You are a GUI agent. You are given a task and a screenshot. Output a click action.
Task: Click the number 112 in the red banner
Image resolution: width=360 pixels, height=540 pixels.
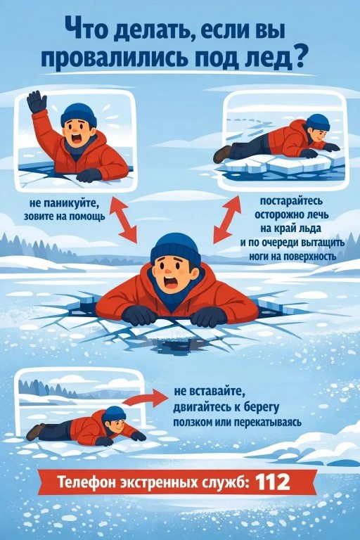(273, 482)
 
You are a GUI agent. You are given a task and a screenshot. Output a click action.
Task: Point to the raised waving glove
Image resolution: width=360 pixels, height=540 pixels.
(37, 101)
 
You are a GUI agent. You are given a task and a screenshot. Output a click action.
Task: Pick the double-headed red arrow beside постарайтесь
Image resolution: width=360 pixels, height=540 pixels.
(227, 219)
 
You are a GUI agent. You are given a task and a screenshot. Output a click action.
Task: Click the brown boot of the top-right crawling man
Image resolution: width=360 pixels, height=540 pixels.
(222, 154)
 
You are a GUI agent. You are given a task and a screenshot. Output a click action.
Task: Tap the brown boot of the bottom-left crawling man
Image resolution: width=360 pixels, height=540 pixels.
(35, 432)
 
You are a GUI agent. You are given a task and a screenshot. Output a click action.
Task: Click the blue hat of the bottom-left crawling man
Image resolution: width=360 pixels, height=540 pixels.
(114, 413)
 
